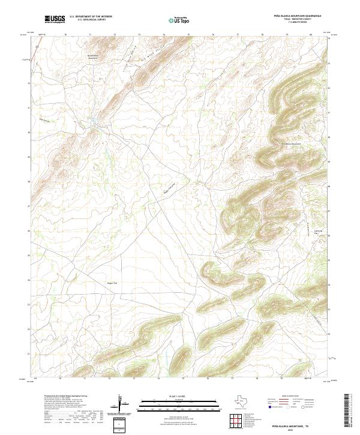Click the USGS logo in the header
click(x=55, y=19)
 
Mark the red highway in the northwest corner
click(x=33, y=54)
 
